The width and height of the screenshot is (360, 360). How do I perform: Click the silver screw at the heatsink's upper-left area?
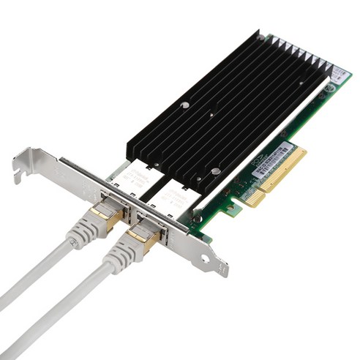[x=185, y=105]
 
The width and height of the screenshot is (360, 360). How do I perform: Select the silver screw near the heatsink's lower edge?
[x=215, y=172]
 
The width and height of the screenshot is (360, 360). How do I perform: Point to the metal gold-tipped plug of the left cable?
[x=102, y=218]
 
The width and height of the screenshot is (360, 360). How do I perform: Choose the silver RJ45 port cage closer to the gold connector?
[x=170, y=198]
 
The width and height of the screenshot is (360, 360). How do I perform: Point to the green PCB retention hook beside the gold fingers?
[x=232, y=209]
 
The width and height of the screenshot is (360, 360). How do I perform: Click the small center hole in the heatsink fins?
[x=212, y=115]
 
